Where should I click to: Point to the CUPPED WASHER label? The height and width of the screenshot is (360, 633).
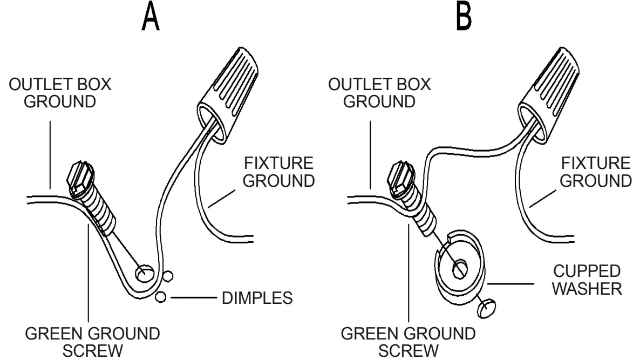pyautogui.click(x=589, y=280)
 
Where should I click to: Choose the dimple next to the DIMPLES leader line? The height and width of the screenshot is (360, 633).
pyautogui.click(x=160, y=297)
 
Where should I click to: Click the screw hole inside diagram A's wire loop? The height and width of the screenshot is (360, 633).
pyautogui.click(x=144, y=274)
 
